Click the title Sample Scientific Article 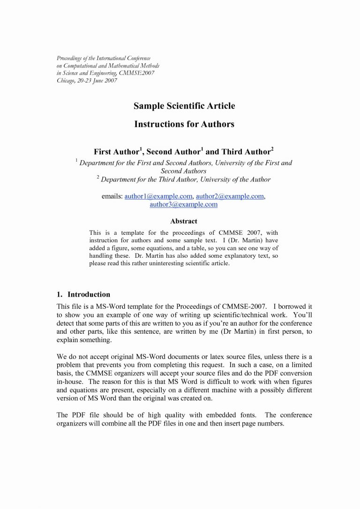point(184,106)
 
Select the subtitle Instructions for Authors point(184,125)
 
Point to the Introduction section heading point(89,295)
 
